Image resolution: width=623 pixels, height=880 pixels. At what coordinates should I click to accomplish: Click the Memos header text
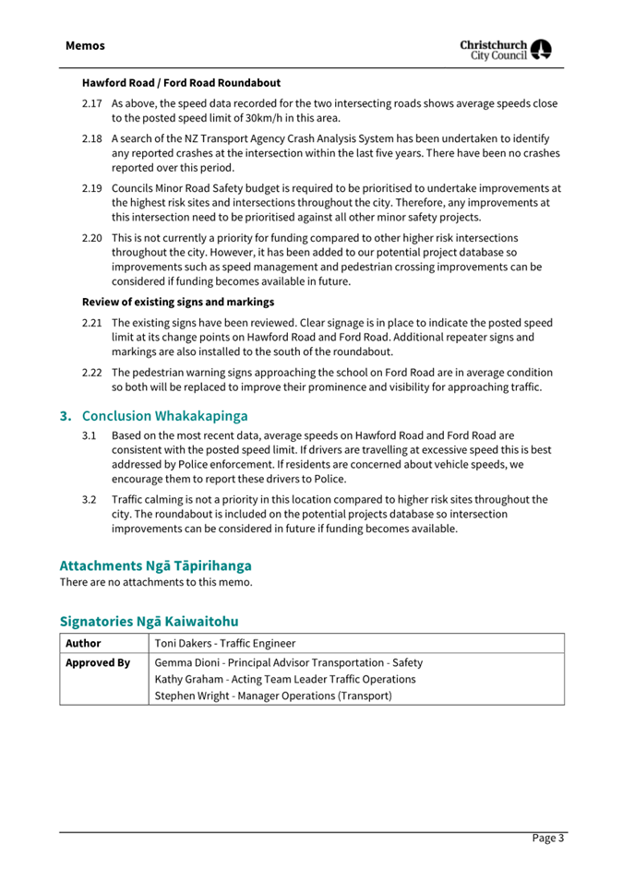pos(85,45)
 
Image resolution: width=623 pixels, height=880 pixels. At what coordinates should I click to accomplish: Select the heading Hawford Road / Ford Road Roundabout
pos(181,83)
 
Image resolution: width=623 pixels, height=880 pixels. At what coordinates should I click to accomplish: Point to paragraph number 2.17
pos(91,103)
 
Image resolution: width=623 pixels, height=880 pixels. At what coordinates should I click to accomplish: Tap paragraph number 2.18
pos(91,138)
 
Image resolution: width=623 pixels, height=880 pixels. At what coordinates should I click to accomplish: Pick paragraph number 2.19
pos(91,188)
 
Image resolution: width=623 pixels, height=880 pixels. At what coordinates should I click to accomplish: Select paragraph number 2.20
pos(91,238)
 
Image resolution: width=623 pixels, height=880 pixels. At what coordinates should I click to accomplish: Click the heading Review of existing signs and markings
pos(178,302)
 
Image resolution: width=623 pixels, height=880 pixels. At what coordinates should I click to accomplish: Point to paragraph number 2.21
pos(91,323)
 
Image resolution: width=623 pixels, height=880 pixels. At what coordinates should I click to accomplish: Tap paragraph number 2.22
pos(91,373)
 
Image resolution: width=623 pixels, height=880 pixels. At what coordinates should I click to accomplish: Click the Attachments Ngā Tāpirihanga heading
pos(155,565)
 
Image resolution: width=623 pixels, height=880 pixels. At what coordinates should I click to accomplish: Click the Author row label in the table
pos(83,643)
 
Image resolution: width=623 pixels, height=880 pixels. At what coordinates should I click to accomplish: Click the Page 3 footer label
pos(547,838)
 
